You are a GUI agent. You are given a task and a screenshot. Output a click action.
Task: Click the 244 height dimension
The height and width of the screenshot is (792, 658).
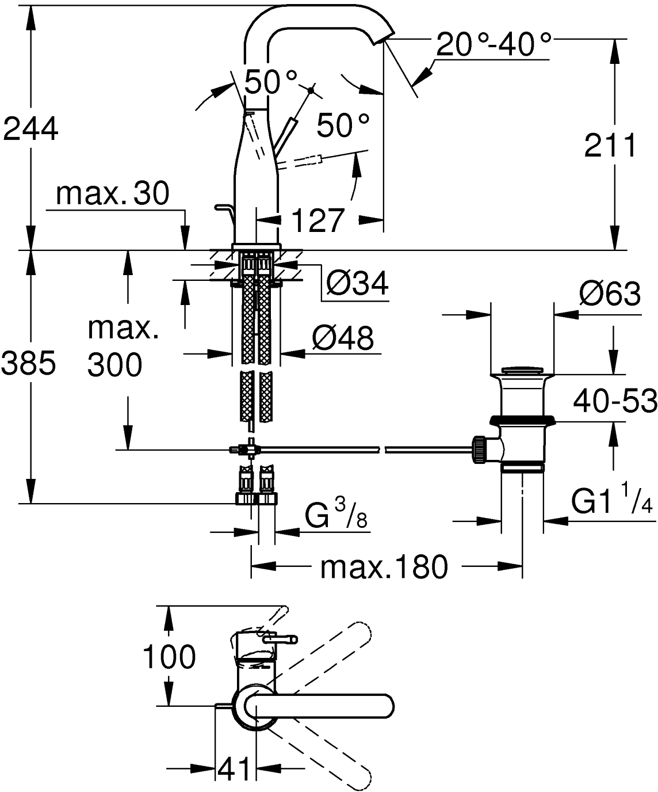pos(30,128)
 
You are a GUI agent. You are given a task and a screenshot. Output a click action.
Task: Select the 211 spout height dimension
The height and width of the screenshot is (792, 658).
pos(610,146)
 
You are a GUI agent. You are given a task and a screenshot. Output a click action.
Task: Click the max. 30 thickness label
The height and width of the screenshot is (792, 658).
pos(113,193)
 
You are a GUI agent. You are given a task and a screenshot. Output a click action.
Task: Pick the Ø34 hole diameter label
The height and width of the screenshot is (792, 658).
pos(357,283)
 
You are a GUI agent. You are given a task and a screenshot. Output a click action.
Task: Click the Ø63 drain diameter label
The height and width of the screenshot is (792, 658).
pos(610,294)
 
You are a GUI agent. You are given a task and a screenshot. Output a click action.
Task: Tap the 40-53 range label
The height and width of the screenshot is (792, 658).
pos(615,401)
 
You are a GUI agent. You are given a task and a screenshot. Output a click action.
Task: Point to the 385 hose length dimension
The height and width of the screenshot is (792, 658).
pos(29,363)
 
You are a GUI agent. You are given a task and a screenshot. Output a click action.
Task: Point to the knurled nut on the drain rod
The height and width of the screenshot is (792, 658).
pos(479,450)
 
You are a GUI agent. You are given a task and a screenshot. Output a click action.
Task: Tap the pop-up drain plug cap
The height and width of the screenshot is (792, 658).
pos(523,370)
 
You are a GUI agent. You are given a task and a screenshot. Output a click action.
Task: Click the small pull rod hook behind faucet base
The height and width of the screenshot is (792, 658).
pos(224,210)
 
